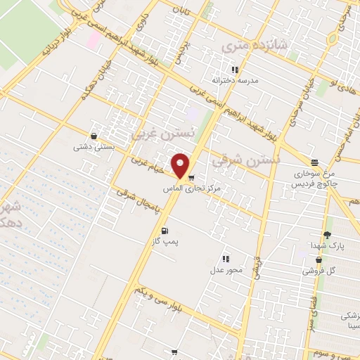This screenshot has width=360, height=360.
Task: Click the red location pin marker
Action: click(181, 166)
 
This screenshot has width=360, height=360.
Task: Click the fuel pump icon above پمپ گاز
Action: click(165, 231)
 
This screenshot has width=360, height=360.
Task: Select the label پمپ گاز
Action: click(167, 241)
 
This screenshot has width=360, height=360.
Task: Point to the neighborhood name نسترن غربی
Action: click(158, 131)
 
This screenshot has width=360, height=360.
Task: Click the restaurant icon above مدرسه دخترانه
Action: click(235, 70)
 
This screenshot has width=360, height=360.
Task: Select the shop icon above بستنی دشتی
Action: click(94, 136)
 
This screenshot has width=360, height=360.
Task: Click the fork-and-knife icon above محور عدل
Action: click(226, 259)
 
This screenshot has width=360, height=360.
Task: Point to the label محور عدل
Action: click(226, 270)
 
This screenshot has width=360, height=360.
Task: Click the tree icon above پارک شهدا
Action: click(327, 236)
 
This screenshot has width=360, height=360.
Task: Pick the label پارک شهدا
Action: click(327, 246)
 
